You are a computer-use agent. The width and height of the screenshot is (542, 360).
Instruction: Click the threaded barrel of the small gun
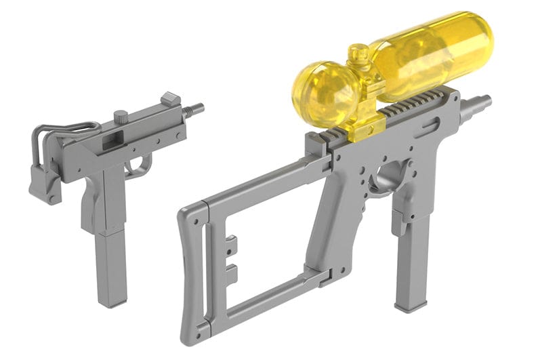(x=194, y=108)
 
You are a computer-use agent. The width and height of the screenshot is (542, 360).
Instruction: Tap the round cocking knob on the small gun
(x=121, y=117)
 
